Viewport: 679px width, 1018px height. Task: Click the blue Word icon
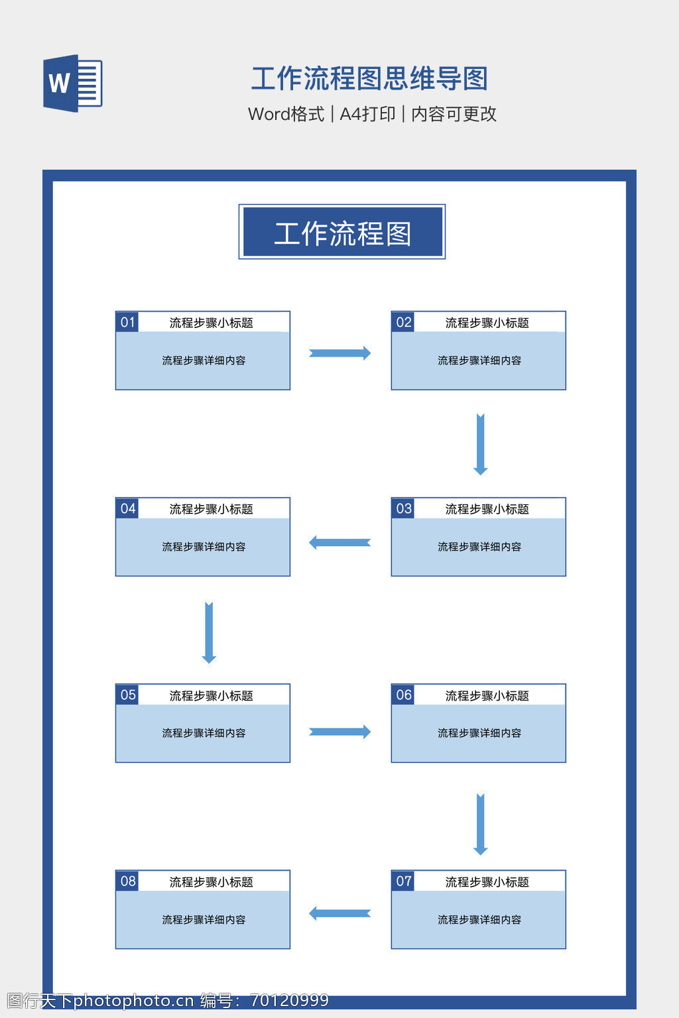tap(72, 84)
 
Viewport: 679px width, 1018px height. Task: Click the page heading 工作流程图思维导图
tap(369, 78)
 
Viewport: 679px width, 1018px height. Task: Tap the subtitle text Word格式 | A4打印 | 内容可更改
tap(372, 114)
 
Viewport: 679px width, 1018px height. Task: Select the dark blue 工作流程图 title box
tap(342, 232)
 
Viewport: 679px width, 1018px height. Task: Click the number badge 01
tap(127, 322)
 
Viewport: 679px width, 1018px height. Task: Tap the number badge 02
tap(403, 322)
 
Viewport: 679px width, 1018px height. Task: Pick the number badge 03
tap(403, 508)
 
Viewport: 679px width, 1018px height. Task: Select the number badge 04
tap(127, 508)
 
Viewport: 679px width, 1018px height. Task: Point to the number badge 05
tap(127, 695)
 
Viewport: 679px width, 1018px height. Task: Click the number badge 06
tap(403, 695)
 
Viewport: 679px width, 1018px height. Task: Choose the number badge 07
tap(403, 881)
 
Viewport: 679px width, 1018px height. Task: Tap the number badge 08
tap(127, 881)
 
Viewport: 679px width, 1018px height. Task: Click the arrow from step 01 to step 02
tap(339, 353)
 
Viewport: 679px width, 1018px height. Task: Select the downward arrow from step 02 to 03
tap(481, 444)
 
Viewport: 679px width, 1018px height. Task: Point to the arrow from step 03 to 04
tap(339, 543)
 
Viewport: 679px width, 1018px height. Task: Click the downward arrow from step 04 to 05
tap(209, 632)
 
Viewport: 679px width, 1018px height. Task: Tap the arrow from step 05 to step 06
tap(339, 732)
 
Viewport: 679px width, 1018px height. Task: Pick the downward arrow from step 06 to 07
tap(481, 824)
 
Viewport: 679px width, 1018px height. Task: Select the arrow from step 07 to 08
tap(339, 913)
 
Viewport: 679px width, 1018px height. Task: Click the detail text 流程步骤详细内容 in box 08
tap(204, 920)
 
